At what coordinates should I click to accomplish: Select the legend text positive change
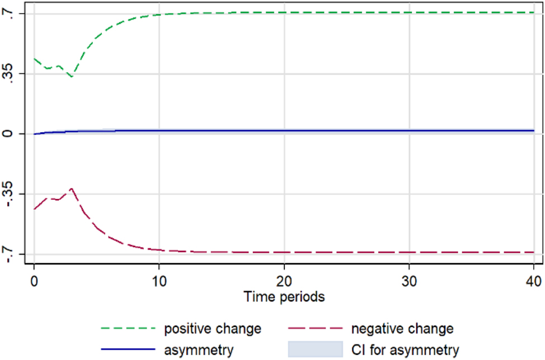(213, 328)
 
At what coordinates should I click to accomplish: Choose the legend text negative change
(402, 328)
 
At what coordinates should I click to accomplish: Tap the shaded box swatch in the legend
(314, 350)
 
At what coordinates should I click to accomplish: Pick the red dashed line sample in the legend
(314, 328)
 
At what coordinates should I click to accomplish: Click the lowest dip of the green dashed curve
(71, 77)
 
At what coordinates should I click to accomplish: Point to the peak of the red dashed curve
(72, 189)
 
